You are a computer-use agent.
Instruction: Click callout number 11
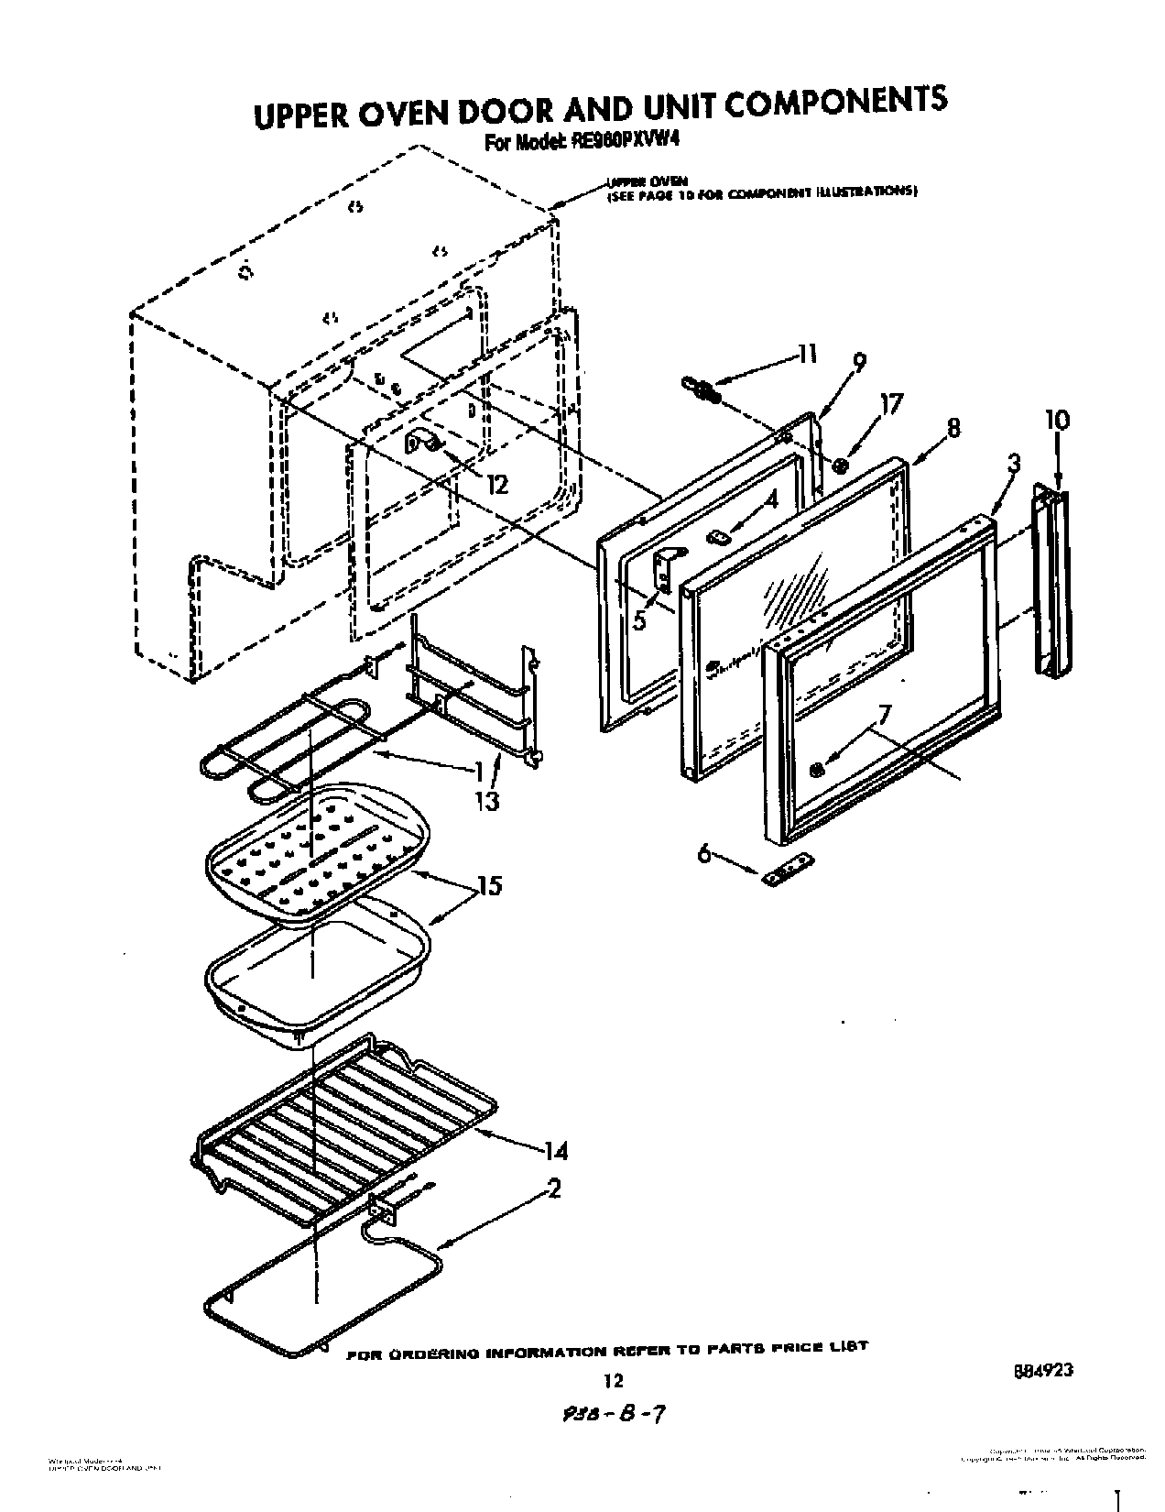(x=807, y=354)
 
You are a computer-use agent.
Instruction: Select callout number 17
(x=890, y=403)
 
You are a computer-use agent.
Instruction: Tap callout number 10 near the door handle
(x=1056, y=421)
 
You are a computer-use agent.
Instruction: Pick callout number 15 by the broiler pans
(x=489, y=886)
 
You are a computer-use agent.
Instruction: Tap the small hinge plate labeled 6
(x=788, y=868)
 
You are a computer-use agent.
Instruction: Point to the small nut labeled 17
(x=842, y=466)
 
